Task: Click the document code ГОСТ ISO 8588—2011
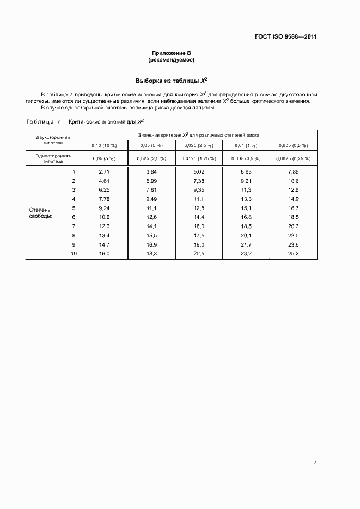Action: coord(285,37)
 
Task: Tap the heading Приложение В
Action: coord(172,53)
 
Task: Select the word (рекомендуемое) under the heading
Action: coord(172,59)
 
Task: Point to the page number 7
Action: coord(315,462)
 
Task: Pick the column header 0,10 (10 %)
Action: coord(105,145)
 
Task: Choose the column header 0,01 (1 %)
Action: coord(246,145)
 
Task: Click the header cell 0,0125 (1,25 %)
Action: coord(199,158)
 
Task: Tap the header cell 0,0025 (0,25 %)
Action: coord(294,158)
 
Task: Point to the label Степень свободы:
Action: coord(40,213)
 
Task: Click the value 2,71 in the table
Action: coord(105,172)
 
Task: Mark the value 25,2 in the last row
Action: coord(294,254)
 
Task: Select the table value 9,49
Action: coord(151,199)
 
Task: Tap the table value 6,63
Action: coord(246,172)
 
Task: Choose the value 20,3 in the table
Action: coord(294,226)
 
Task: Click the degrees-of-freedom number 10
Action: coord(74,254)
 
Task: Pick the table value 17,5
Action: coord(199,236)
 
